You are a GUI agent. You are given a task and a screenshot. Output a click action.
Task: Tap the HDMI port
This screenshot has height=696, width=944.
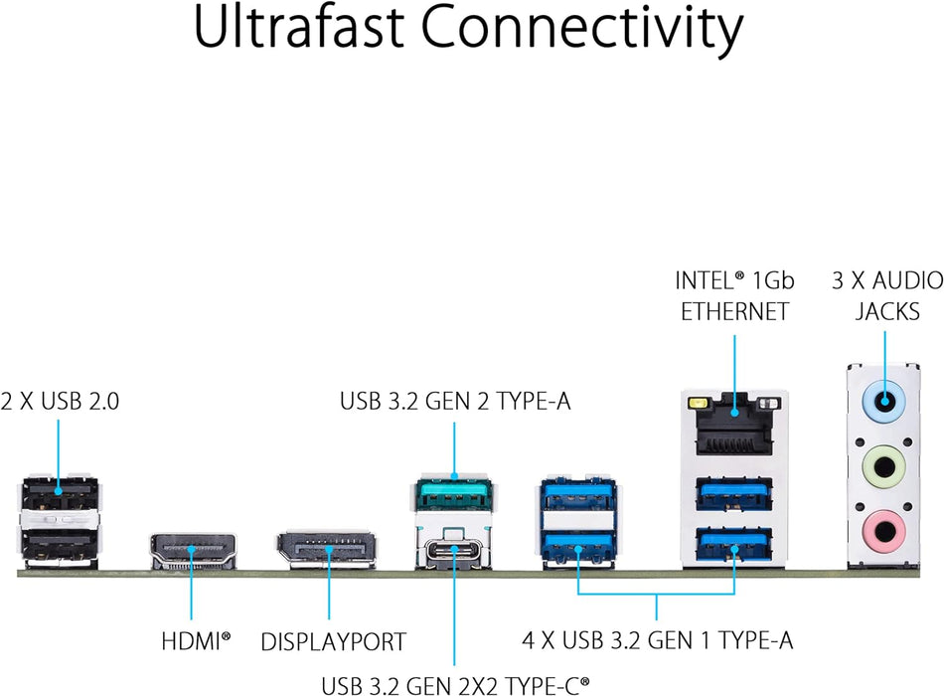coord(194,550)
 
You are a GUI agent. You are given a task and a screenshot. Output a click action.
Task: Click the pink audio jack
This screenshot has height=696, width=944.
coord(882,526)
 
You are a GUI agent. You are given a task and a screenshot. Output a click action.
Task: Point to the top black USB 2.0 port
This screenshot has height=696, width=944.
coord(59,494)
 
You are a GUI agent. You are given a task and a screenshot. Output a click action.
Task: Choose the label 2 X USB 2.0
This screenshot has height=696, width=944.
coord(60,402)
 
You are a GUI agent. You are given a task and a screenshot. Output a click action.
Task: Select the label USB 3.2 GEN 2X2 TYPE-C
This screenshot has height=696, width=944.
coord(454,684)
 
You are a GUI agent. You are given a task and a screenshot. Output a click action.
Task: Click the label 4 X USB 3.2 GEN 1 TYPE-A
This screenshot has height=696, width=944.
coord(658,639)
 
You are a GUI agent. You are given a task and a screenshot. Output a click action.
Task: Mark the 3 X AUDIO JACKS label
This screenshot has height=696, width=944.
coord(887,295)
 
